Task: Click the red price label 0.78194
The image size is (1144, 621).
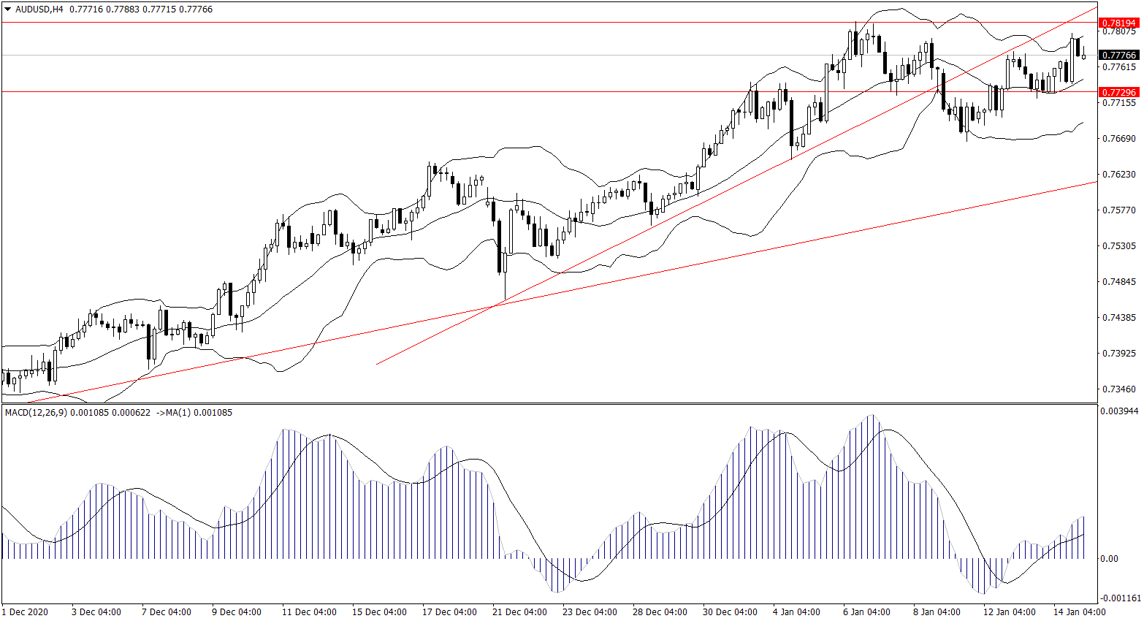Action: [1118, 23]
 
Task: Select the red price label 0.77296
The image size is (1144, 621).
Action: [1118, 92]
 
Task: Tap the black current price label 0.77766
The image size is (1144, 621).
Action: [1118, 55]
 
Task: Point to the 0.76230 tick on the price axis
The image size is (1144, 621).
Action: [1118, 175]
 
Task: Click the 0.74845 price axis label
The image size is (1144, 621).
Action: [1118, 282]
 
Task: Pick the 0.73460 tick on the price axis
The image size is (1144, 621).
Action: [1118, 389]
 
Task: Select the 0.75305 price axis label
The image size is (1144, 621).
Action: [1118, 246]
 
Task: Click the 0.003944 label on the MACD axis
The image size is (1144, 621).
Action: [1118, 411]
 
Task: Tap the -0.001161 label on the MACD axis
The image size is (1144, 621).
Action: [1118, 598]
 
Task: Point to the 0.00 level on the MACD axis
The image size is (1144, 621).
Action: [1109, 559]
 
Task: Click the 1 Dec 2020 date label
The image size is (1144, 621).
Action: [26, 612]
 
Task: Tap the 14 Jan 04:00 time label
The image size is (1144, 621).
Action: [1078, 612]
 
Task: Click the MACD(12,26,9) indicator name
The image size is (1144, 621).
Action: [36, 413]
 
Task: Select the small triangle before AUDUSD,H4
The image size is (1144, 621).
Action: [8, 9]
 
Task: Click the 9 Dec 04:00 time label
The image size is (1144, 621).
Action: [237, 612]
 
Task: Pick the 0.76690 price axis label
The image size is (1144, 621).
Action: [1118, 139]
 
